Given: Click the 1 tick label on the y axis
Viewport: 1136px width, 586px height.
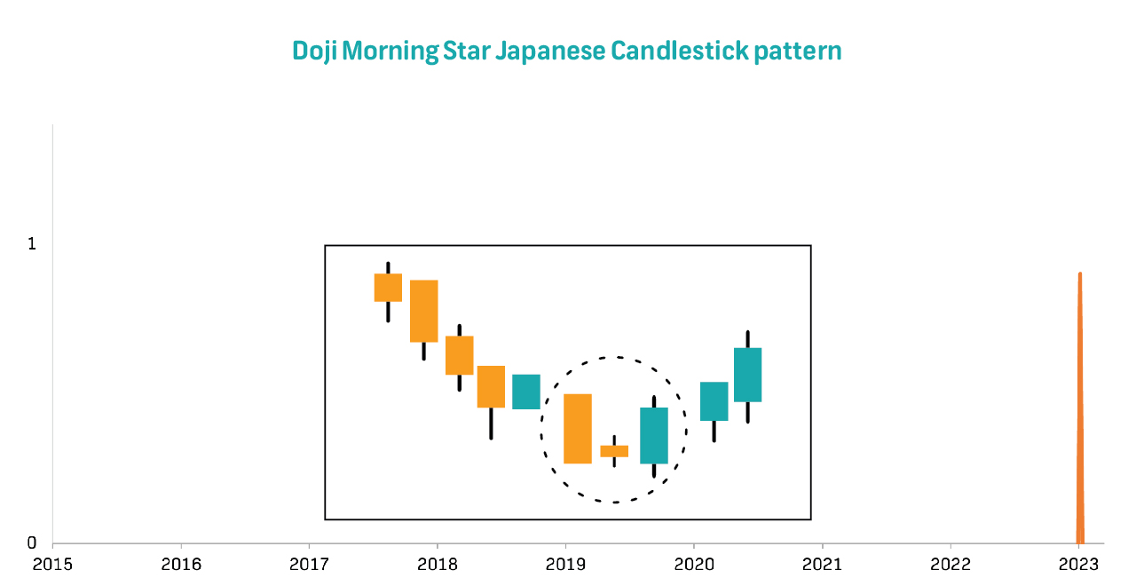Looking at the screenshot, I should click(32, 243).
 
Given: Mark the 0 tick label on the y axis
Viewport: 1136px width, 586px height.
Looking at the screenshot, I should click(32, 542).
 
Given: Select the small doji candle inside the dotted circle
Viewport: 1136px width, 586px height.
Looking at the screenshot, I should click(614, 451).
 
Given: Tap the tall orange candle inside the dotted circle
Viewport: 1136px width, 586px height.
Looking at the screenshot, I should click(578, 428).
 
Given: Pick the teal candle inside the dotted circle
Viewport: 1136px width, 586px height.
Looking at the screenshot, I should click(654, 435).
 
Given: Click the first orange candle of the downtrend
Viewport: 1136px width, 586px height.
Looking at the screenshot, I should click(388, 287).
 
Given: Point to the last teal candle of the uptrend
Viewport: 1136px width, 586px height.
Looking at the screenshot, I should click(747, 375).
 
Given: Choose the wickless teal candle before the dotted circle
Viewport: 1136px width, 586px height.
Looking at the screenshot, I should click(526, 392).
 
